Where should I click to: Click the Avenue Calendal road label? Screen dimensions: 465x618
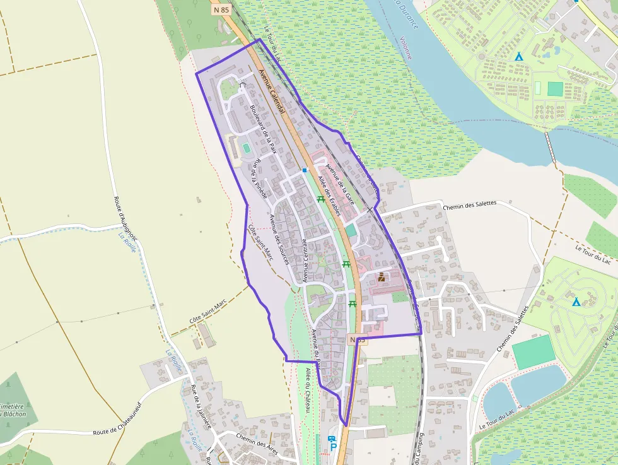[272, 92]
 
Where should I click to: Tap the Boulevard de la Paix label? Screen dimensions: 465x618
[264, 129]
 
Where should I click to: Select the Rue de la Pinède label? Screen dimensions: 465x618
[260, 180]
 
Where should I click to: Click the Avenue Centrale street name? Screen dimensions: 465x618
[305, 259]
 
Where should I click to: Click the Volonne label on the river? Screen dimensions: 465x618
[405, 47]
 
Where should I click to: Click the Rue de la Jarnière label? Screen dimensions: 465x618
[201, 408]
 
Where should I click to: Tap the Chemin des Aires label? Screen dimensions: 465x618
[257, 439]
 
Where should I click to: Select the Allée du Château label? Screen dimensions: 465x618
[308, 391]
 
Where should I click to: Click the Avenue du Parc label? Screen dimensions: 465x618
[317, 347]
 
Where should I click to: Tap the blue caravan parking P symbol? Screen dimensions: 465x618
[332, 442]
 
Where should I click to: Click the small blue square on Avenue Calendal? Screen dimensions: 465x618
[305, 170]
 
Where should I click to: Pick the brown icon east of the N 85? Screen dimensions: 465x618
[381, 276]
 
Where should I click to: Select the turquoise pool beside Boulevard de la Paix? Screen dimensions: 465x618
[246, 148]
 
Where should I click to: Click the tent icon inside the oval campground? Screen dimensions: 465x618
[576, 302]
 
